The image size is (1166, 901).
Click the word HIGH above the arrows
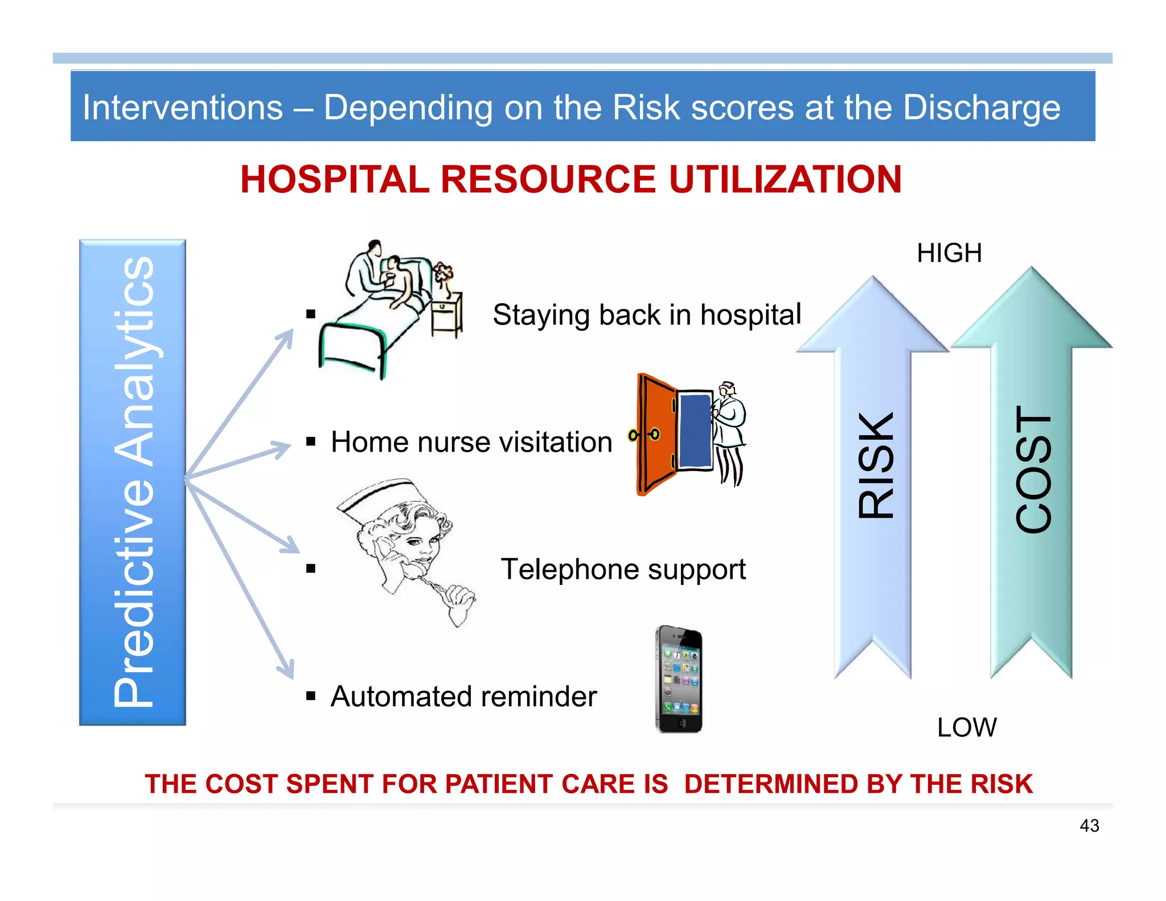click(949, 253)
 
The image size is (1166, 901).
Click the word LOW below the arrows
click(967, 727)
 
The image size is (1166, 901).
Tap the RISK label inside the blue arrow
click(876, 465)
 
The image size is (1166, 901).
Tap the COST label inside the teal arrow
click(1033, 469)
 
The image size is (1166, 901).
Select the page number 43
click(1089, 825)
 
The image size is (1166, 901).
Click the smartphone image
click(679, 679)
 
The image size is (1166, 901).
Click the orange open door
click(656, 434)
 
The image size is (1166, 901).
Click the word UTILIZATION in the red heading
click(785, 179)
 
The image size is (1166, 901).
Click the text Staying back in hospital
click(646, 315)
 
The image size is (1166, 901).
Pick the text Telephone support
click(623, 569)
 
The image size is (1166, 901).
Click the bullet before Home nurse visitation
click(310, 441)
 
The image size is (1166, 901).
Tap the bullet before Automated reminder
click(310, 695)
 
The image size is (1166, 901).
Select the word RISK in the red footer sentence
click(1001, 784)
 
